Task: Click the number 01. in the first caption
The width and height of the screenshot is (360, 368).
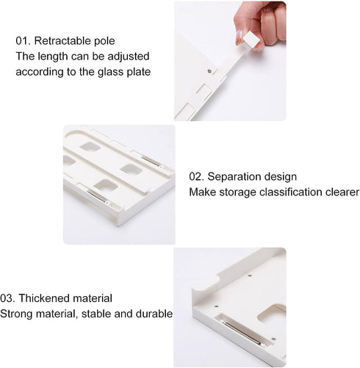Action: coord(23,40)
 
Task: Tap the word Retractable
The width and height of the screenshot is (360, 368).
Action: coord(62,40)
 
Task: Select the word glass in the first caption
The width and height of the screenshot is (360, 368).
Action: coord(110,72)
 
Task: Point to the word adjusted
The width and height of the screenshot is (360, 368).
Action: coord(129,57)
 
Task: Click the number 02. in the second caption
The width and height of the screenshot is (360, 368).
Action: coord(196,176)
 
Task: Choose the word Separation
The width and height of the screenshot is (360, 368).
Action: coord(234,177)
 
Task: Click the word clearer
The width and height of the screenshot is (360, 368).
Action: coord(342,192)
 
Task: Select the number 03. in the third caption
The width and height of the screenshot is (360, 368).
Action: coord(7,298)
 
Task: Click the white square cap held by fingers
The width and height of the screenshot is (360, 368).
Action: coord(251,40)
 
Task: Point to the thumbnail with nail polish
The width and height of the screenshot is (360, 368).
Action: coord(239,37)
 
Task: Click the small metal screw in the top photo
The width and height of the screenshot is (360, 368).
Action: coord(209,71)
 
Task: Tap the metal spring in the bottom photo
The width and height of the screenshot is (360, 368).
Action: coord(242,332)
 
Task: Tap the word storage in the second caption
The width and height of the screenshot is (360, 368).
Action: coord(237,192)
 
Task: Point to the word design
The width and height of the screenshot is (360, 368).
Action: coord(280,177)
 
